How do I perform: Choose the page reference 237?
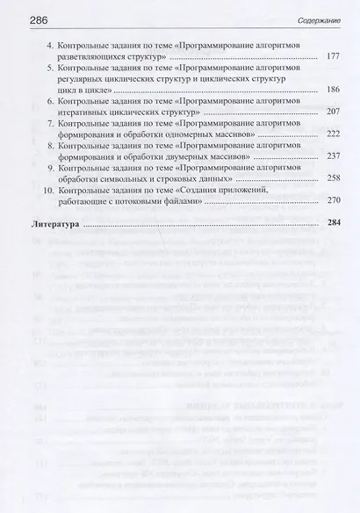click(332, 157)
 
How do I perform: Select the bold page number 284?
click(332, 225)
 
